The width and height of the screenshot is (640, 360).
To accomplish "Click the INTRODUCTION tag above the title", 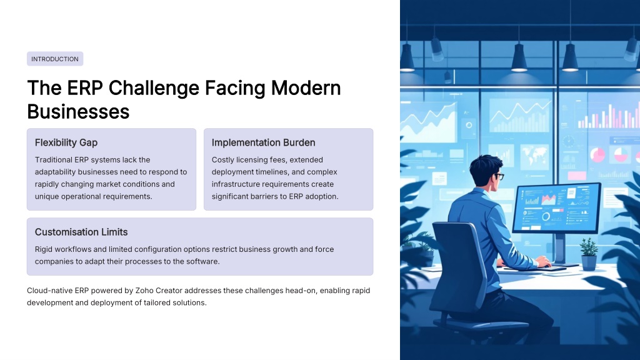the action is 55,59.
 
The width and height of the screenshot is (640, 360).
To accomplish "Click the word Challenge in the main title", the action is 154,88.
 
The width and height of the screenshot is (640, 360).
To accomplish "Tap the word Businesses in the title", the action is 78,111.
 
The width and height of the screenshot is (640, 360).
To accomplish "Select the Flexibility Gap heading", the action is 66,142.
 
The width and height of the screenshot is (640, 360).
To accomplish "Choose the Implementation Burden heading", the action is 263,142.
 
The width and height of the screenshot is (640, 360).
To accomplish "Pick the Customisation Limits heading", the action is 81,232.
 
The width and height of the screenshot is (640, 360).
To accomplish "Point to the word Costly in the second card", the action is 222,159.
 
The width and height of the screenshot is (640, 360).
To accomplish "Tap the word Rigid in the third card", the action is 44,249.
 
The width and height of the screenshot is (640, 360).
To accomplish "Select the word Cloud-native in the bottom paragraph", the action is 50,291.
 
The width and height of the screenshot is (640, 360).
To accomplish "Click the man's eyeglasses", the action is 499,176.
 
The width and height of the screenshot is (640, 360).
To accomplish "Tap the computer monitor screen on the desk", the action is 556,207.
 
